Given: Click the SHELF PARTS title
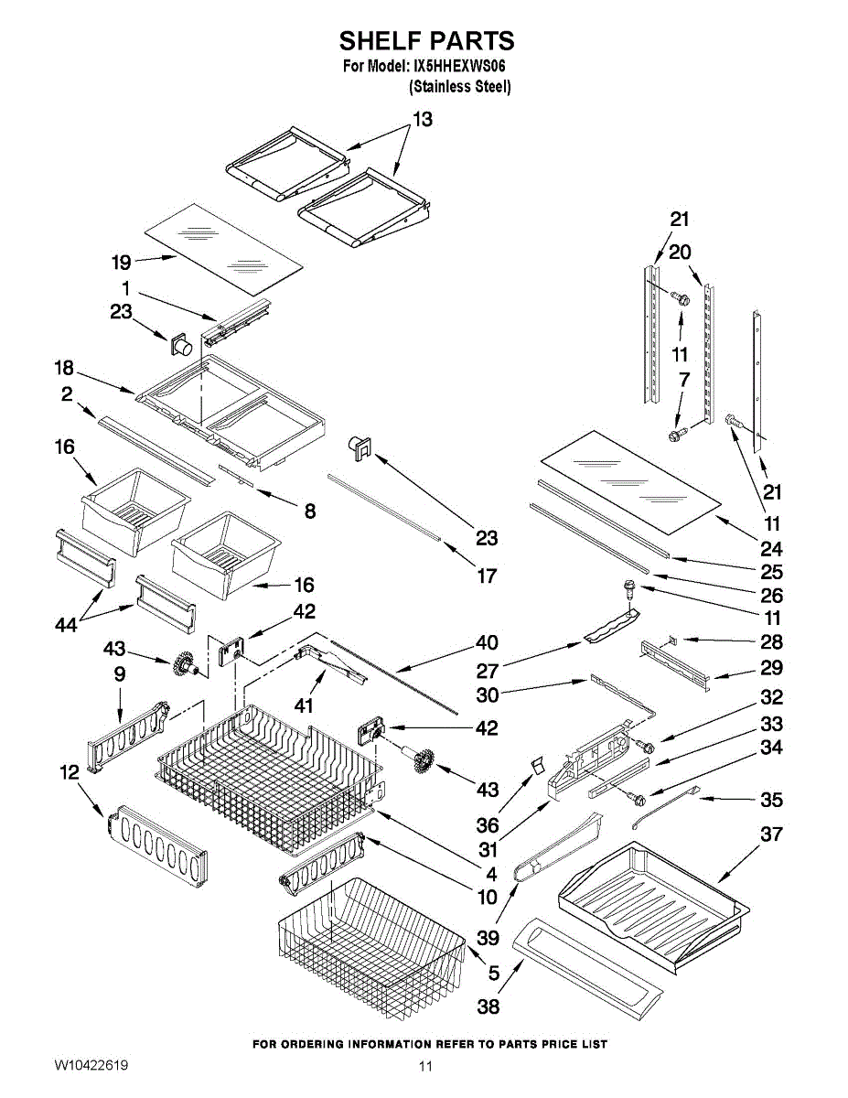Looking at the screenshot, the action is (x=427, y=40).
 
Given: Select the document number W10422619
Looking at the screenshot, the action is (x=91, y=1066).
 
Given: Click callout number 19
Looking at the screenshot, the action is (x=122, y=263).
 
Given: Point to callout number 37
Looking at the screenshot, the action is (x=771, y=834).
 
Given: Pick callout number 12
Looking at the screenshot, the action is (x=70, y=772).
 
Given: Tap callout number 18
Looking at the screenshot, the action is (x=64, y=368).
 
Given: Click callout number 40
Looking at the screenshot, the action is (x=487, y=642).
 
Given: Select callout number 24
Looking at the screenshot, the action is (x=771, y=548).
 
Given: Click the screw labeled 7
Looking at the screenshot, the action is (x=677, y=434).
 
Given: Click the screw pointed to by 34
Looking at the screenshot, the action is (x=638, y=799).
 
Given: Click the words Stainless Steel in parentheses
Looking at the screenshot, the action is (x=459, y=87).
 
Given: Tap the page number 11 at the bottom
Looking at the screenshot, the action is (x=425, y=1066).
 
